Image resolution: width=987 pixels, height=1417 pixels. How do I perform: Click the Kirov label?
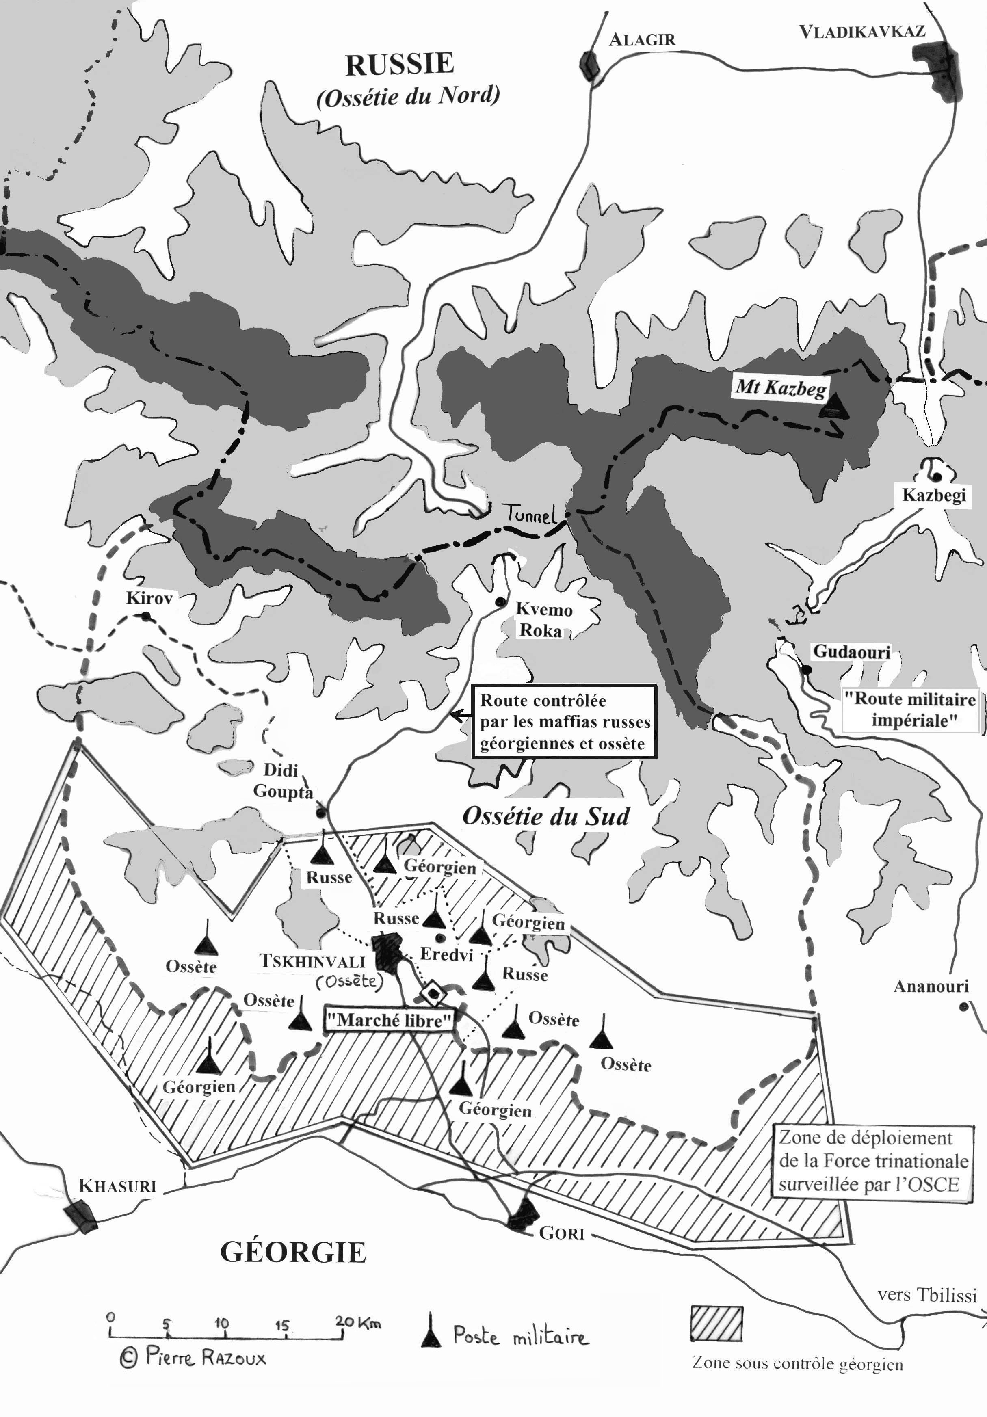149,597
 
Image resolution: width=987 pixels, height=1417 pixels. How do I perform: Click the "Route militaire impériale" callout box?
911,710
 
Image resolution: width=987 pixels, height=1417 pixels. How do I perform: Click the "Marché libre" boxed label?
389,1020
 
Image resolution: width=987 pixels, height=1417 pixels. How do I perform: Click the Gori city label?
561,1233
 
